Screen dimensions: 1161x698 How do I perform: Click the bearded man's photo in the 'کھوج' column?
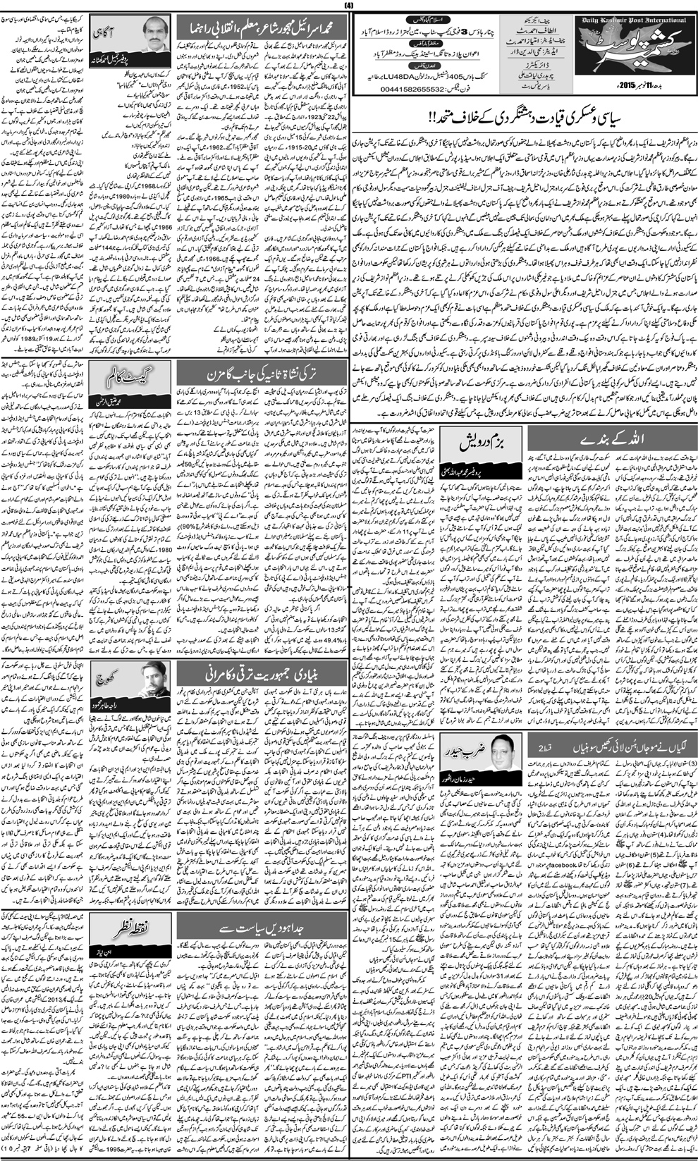click(x=154, y=679)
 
